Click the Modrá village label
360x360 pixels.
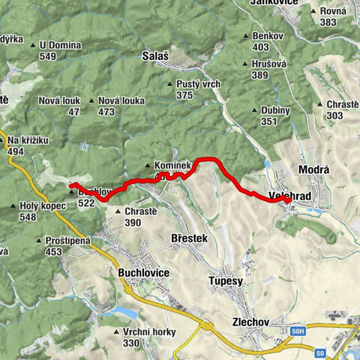(314, 169)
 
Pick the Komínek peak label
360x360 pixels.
(173, 165)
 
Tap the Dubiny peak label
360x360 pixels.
(276, 110)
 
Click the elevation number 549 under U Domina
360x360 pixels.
(49, 56)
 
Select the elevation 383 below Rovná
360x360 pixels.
(328, 22)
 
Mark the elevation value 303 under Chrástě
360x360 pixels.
(334, 115)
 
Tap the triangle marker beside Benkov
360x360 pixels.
(247, 36)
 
